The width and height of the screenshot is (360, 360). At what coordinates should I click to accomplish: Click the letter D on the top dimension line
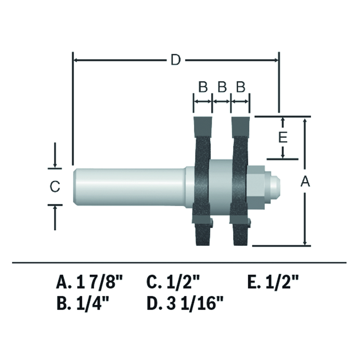176,60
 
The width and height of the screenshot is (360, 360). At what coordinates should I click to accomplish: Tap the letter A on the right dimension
306,182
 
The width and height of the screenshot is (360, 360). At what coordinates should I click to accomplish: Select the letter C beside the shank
55,186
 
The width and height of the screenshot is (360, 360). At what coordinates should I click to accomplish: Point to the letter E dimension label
283,137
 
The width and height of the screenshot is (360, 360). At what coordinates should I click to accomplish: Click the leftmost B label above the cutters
203,87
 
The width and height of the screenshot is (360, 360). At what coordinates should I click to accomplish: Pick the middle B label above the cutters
222,87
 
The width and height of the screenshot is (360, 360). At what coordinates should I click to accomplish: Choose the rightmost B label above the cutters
240,87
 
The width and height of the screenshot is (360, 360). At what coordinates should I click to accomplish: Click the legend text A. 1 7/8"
90,283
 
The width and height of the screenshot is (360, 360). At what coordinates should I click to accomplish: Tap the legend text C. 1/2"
173,283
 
